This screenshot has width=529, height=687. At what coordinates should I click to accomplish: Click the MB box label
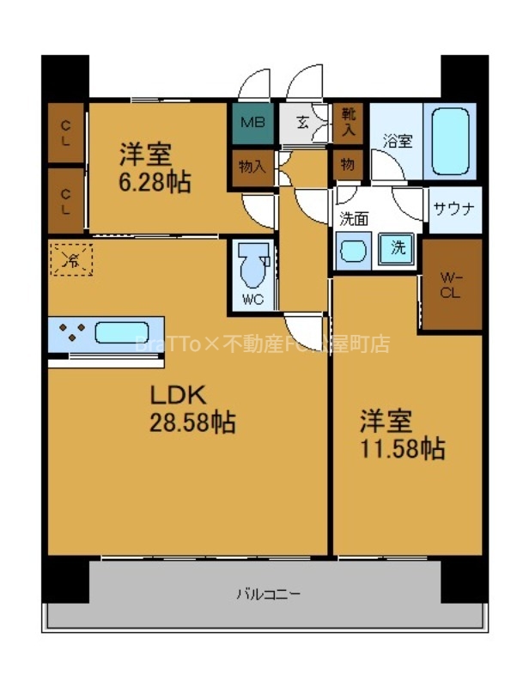tap(252, 121)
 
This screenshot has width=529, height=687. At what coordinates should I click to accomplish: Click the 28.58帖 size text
tap(194, 422)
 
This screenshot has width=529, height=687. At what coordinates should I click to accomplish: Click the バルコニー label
tap(269, 593)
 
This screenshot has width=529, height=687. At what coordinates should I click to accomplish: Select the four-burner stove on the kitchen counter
tap(71, 331)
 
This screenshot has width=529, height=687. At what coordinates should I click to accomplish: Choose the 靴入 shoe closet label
tap(348, 120)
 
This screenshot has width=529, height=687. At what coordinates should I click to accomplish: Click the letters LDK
tap(176, 395)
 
